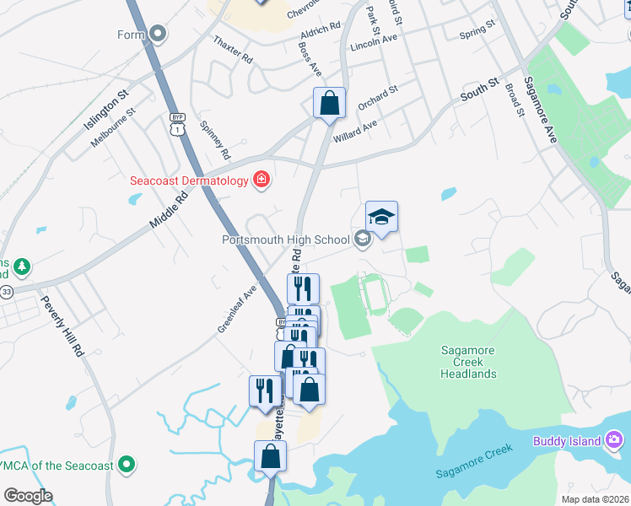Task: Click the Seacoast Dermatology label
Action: pyautogui.click(x=189, y=180)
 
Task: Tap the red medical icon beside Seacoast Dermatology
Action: pyautogui.click(x=262, y=180)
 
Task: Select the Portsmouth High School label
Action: pyautogui.click(x=285, y=239)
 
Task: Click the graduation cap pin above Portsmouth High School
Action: pyautogui.click(x=381, y=218)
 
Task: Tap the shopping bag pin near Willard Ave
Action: pyautogui.click(x=329, y=104)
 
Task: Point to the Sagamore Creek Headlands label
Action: pyautogui.click(x=468, y=362)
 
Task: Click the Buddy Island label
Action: pyautogui.click(x=567, y=441)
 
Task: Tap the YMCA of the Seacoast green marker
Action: pyautogui.click(x=127, y=463)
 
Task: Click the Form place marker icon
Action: pyautogui.click(x=158, y=35)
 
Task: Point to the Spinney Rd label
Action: pyautogui.click(x=214, y=140)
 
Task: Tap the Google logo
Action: pyautogui.click(x=28, y=496)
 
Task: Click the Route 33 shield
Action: pyautogui.click(x=7, y=291)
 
